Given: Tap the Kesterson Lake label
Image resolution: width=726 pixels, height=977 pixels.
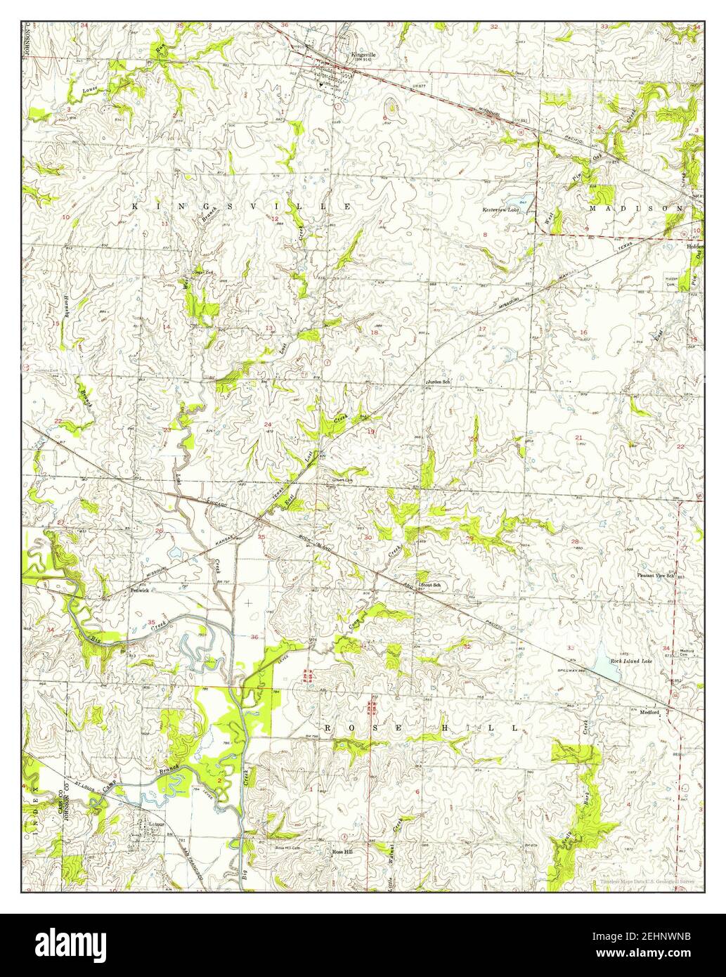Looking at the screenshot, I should click(499, 209).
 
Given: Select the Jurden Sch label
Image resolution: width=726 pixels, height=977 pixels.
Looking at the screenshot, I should click(437, 382).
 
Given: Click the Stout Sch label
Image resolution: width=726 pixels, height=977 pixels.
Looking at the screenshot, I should click(429, 585).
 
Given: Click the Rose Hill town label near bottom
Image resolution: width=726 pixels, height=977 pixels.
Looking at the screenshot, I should click(342, 853).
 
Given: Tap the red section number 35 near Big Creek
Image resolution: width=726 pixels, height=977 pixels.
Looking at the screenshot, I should click(152, 622).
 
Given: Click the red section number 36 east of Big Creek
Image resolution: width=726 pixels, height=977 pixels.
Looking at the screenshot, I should click(254, 637).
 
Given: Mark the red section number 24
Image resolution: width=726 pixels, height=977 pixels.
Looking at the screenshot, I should click(268, 425).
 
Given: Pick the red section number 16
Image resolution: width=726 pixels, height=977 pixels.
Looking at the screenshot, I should click(583, 332).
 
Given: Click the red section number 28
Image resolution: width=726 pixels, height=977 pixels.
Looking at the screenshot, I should click(575, 542).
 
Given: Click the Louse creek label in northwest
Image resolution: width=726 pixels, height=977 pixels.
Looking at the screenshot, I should click(90, 91).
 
